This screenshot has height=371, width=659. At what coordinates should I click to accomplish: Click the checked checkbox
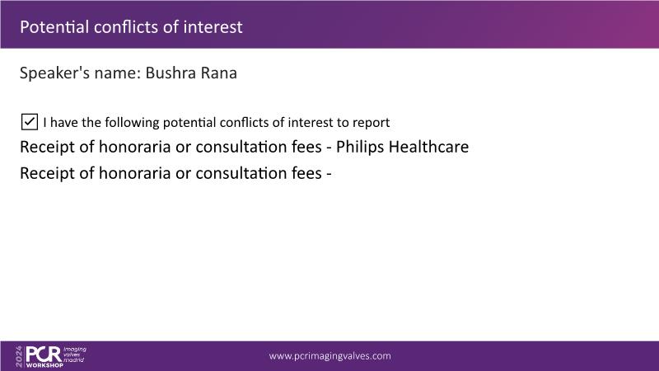click(x=30, y=122)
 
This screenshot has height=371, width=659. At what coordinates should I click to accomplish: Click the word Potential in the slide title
click(x=54, y=27)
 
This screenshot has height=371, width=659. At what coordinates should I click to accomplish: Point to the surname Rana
click(x=219, y=73)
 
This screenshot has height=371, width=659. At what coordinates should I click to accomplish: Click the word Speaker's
click(x=54, y=73)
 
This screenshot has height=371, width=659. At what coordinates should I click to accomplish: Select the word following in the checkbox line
click(x=132, y=122)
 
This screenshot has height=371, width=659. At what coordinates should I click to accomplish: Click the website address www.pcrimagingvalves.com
click(x=330, y=356)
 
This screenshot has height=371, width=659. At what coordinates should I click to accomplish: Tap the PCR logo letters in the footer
click(x=44, y=355)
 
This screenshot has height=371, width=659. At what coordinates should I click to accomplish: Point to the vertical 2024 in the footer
click(x=19, y=357)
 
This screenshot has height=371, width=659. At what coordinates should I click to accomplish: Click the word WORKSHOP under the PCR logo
click(x=44, y=365)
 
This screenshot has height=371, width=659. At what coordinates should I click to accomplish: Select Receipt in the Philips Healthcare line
click(x=47, y=147)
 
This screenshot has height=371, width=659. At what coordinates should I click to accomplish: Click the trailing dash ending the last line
click(x=329, y=174)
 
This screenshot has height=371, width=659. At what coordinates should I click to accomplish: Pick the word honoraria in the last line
click(x=134, y=173)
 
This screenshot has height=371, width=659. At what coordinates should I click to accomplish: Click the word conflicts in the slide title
click(x=126, y=27)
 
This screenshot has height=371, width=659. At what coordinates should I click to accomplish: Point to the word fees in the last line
click(x=306, y=173)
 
